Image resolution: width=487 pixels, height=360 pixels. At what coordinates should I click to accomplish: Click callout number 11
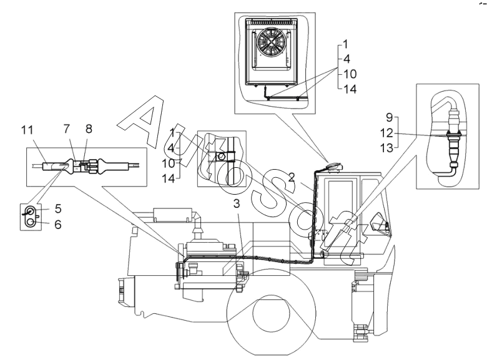[27, 130]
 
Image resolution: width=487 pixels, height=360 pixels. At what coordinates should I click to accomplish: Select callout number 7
[67, 129]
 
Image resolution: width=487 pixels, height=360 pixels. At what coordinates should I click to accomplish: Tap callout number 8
[89, 129]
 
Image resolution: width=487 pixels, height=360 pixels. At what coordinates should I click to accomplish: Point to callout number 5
[58, 208]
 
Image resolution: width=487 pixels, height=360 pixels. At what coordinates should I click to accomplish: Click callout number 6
[58, 224]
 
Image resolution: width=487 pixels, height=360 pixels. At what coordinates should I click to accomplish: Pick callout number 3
[237, 203]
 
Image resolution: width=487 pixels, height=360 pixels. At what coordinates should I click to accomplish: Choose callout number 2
[291, 177]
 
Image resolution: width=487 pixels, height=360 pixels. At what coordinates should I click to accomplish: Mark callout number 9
[390, 118]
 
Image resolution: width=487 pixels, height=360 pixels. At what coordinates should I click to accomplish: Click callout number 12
[386, 133]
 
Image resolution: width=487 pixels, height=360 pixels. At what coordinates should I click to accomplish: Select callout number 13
[386, 148]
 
